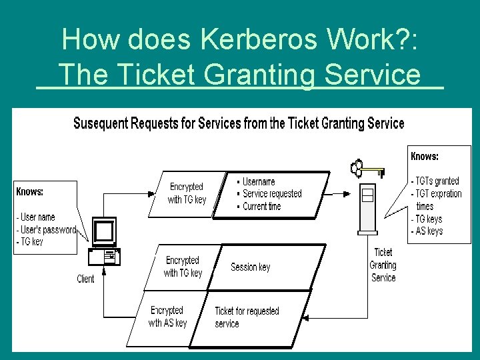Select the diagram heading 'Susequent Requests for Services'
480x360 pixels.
point(238,123)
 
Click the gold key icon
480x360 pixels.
point(367,169)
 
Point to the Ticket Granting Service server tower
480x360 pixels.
point(367,207)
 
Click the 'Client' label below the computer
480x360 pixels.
point(85,279)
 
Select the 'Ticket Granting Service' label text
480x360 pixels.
point(383,265)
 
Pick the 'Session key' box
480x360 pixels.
point(251,267)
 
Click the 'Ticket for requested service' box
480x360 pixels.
point(247,317)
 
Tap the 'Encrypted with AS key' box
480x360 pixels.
point(167,317)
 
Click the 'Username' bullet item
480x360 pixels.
point(257,181)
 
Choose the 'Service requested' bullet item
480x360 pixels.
point(271,193)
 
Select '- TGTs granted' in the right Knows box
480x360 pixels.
point(435,181)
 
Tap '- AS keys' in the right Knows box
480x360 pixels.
point(427,231)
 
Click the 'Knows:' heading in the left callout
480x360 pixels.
point(30,191)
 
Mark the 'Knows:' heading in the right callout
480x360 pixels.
point(425,156)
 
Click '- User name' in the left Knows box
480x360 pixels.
point(36,217)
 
